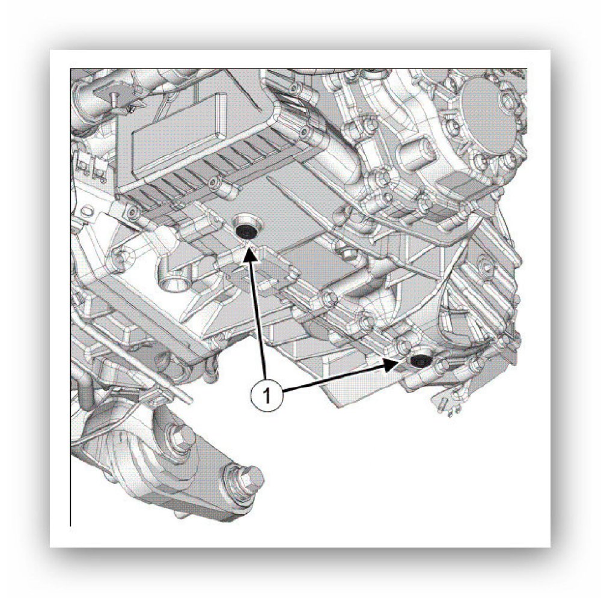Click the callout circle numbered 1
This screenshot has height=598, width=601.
[267, 395]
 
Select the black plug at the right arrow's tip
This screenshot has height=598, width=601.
[419, 361]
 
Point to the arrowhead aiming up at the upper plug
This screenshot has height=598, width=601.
[249, 254]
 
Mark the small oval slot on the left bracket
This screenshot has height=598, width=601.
[87, 212]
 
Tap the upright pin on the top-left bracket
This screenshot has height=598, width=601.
[114, 100]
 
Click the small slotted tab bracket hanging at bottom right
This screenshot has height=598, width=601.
[448, 401]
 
